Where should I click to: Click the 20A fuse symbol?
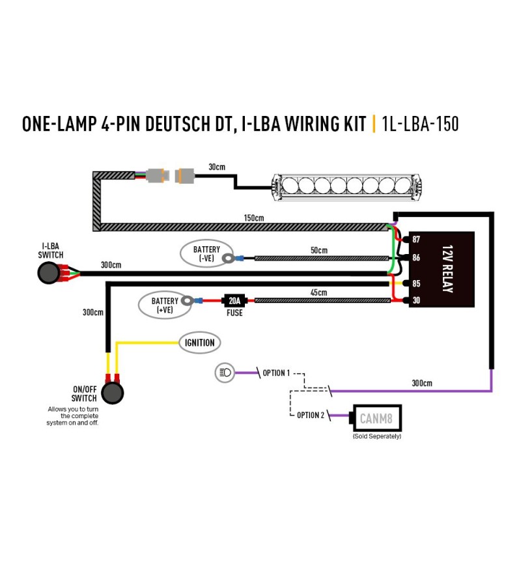coord(234,300)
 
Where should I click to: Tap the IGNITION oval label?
coord(200,343)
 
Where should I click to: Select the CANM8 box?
coord(376,418)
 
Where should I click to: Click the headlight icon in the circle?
coord(225,373)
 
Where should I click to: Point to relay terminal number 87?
coord(416,239)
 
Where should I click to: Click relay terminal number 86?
coord(416,257)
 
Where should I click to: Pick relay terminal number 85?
coord(416,283)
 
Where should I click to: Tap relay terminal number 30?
coord(416,300)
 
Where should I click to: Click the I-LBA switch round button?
coord(49,273)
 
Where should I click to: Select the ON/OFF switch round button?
coord(113,393)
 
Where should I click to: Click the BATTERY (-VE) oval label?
coord(206,253)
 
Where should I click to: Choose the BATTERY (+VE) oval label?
coord(165,305)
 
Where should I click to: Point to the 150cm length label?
coord(254,218)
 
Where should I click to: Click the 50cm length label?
coord(319,250)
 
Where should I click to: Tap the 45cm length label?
coord(318,292)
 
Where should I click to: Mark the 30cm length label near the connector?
coord(217,167)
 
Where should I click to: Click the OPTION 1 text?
coord(276,373)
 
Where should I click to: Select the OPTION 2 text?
coord(311,415)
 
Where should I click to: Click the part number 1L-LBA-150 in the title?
coord(420,124)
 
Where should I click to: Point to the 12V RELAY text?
coord(447,269)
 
